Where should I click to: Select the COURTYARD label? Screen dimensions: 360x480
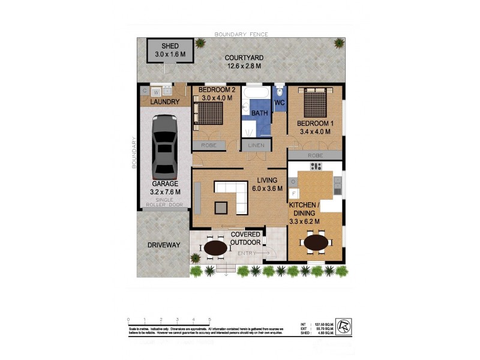coord(244,58)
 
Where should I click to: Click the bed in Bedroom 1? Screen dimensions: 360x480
coord(316,103)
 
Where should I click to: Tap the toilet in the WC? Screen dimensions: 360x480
coord(280,93)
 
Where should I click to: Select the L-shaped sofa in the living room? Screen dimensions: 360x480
coord(232,193)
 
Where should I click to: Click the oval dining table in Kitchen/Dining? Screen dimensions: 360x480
coord(316,243)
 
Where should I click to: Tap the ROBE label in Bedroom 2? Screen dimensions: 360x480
coord(208,145)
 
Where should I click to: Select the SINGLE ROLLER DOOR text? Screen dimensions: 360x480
coord(164,202)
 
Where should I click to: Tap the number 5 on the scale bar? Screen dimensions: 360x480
coord(209,319)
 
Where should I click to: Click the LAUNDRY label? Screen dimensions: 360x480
coord(164,102)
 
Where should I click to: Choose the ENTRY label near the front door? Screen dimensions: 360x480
coord(246,253)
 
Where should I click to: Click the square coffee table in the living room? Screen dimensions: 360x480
coord(222,207)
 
